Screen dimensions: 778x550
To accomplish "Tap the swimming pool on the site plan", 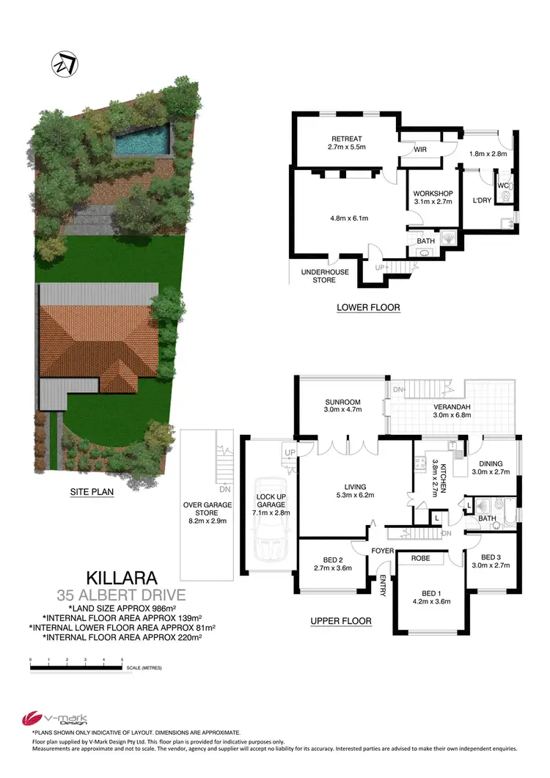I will [x=142, y=141].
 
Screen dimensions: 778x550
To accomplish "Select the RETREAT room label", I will [x=347, y=139].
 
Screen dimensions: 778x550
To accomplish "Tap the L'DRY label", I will [x=481, y=200].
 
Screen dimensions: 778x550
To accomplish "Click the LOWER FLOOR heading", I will [x=368, y=307].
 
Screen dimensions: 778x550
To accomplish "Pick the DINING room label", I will [x=492, y=463].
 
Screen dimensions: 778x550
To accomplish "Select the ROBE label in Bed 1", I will [x=420, y=559].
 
